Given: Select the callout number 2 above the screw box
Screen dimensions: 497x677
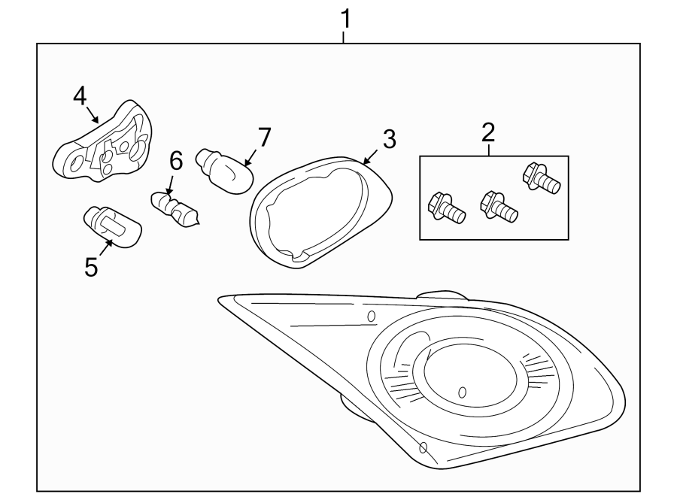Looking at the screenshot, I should (488, 133).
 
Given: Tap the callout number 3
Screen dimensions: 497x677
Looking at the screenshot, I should (389, 139).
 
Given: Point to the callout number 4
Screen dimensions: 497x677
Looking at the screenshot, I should (80, 95).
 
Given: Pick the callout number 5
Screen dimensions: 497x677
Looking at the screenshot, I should (91, 267).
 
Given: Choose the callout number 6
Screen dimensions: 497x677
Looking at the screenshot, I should (176, 161).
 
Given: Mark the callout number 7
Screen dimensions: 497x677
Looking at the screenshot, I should (263, 138).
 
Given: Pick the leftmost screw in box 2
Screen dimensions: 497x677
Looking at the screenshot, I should (446, 209).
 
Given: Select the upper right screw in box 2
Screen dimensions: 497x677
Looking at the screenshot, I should (542, 177).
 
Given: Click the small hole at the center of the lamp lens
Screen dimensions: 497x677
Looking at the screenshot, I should (462, 392).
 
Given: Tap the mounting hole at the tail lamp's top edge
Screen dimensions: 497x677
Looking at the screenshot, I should (371, 317).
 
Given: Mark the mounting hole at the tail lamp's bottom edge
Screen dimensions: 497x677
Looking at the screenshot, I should (423, 448).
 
